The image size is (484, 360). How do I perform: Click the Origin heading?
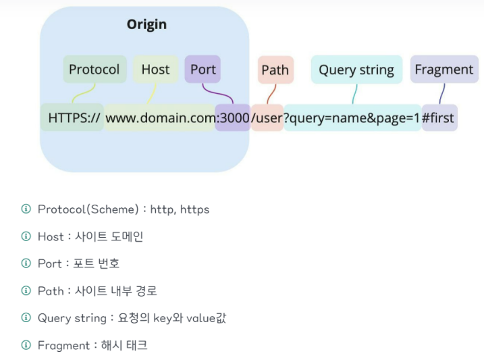(146, 25)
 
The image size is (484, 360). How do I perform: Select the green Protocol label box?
(95, 70)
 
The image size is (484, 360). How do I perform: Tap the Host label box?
(155, 70)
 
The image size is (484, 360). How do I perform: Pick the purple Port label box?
(203, 70)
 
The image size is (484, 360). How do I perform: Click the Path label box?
(275, 70)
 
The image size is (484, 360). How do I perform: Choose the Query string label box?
(356, 70)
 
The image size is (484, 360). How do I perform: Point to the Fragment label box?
(443, 70)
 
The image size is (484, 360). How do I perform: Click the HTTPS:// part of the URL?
(74, 118)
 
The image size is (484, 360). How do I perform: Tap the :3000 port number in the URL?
(233, 118)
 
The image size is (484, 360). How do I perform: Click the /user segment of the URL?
(267, 118)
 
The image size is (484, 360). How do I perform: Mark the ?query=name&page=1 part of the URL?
(352, 118)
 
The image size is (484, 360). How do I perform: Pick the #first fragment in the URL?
(439, 118)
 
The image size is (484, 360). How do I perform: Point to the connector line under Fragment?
(441, 93)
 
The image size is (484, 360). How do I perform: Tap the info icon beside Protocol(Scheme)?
(26, 209)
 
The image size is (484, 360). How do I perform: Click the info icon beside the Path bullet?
(26, 290)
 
